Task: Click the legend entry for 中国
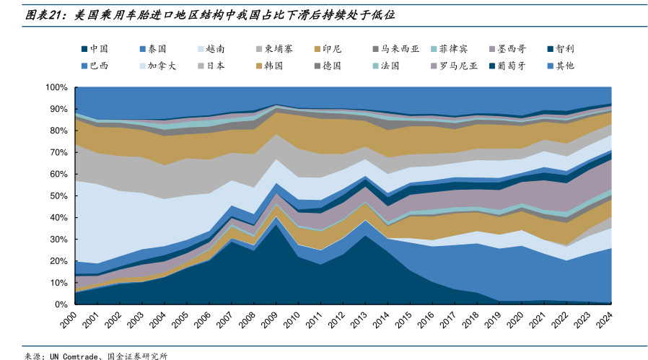click(x=99, y=49)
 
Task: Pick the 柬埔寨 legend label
click(x=278, y=49)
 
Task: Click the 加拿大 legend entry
click(x=162, y=66)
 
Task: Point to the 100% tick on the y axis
click(x=56, y=87)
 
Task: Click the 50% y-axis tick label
click(x=58, y=196)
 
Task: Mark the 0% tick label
click(x=61, y=304)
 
